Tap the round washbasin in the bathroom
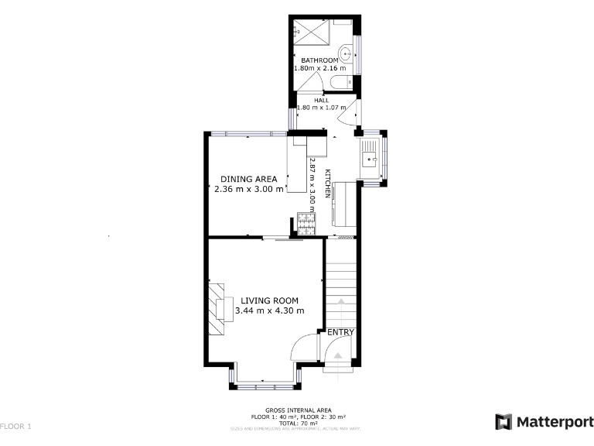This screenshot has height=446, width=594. coord(347,53)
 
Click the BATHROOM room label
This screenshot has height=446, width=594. coord(319,60)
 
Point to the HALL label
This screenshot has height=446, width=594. coord(321,100)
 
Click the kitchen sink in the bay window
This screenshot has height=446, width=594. coord(370,161)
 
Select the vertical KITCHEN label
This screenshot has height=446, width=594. coord(328,184)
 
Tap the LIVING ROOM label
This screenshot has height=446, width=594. coord(269,300)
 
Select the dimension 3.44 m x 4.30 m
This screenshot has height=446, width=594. coord(269,310)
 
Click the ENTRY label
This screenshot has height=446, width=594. coord(340,332)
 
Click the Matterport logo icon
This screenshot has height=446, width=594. coord(504,422)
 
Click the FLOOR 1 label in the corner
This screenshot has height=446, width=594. coord(16,427)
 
